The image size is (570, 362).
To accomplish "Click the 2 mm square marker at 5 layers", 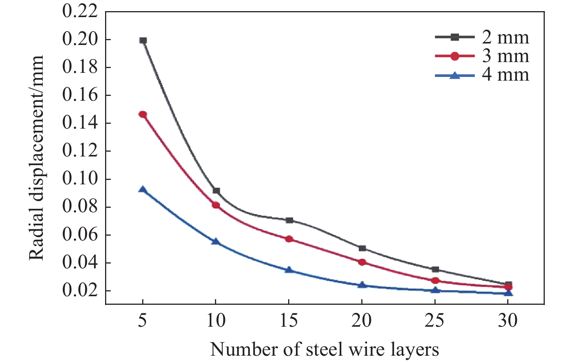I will [x=143, y=40].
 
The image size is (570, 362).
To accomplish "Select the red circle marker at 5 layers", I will [x=143, y=114].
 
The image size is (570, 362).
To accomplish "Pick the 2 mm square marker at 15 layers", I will [x=289, y=220].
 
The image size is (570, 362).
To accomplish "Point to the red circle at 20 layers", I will [x=362, y=262].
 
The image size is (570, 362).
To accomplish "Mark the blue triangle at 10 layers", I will [x=216, y=242].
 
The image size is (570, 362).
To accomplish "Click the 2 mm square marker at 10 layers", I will [x=216, y=191].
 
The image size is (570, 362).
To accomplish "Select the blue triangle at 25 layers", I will [x=435, y=290].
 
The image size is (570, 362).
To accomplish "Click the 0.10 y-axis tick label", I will [x=80, y=179].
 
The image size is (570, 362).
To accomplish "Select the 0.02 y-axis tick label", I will [x=80, y=291].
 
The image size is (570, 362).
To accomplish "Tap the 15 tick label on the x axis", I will [x=289, y=320].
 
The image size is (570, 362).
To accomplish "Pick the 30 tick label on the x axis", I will [x=508, y=320].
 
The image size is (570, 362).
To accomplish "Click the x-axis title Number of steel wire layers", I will [x=325, y=350].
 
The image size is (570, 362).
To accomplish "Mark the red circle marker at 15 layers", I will [x=289, y=239].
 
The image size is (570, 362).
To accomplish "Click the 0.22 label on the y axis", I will [x=80, y=12].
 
